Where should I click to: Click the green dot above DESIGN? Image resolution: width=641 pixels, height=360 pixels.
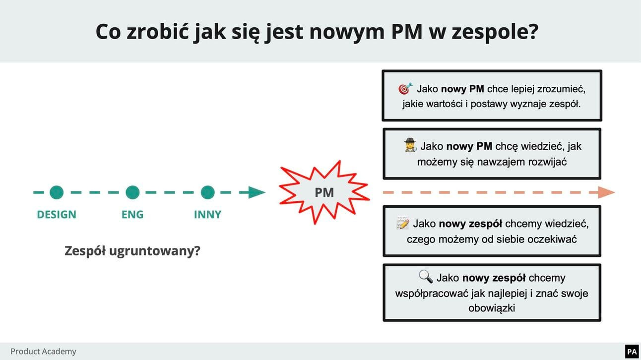coord(57,192)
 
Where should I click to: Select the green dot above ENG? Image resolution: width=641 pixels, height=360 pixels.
coord(132,192)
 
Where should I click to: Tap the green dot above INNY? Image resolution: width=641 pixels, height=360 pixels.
coord(207,192)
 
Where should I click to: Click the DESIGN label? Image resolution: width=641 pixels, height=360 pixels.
coord(57,215)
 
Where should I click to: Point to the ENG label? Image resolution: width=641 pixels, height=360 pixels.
coord(132,215)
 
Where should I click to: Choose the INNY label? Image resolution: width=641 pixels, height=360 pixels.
coord(207,215)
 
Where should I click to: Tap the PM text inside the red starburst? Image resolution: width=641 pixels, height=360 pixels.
coord(324,192)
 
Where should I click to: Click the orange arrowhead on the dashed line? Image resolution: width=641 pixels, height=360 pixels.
coord(606,192)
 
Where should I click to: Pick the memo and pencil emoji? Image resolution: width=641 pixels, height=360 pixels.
coord(403,224)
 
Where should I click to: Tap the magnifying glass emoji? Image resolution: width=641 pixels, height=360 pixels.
coord(426,277)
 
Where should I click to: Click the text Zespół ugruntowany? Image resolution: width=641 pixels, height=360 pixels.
coord(132,251)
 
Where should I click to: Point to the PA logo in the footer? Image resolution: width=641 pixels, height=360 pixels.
coord(632,352)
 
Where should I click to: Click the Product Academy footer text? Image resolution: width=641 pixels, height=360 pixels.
coord(44,352)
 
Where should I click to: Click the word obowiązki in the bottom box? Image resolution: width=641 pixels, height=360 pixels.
coord(492,308)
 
